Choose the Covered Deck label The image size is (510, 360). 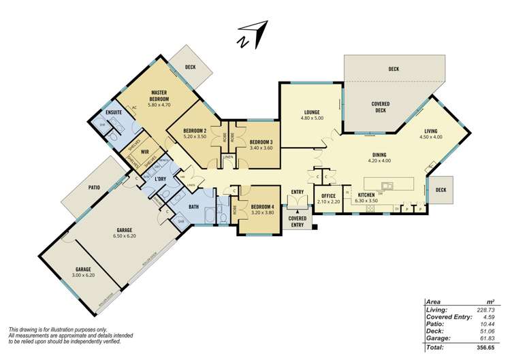[x=379, y=106]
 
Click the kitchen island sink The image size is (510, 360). [x=387, y=184]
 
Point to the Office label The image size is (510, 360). [x=330, y=196]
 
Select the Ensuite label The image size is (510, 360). [x=114, y=113]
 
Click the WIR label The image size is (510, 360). [x=145, y=152]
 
